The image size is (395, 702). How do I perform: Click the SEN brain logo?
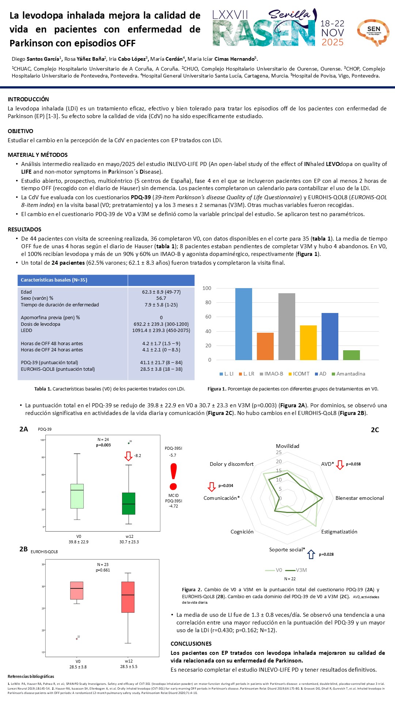[x=373, y=32]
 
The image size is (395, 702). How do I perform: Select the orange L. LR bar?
[x=265, y=346]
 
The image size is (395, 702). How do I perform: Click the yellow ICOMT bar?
[x=308, y=343]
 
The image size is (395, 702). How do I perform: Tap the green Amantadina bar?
[x=351, y=355]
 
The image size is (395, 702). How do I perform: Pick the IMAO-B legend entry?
[x=271, y=374]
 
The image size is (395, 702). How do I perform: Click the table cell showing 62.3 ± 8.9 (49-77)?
[x=161, y=292]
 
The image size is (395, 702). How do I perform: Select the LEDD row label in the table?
[x=27, y=330]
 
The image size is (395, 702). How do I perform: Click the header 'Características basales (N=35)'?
[x=54, y=280]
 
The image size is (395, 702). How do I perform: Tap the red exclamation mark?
[x=174, y=476]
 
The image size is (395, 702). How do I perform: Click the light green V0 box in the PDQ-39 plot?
[x=77, y=496]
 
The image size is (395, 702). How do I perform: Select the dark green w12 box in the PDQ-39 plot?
[x=129, y=503]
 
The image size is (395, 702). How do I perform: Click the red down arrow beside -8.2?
[x=128, y=456]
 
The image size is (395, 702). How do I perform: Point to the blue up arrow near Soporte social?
[x=311, y=554]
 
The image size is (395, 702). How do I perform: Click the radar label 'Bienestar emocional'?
[x=360, y=498]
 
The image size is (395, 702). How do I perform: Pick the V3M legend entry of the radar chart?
[x=296, y=570]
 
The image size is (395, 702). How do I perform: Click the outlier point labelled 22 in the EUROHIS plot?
[x=77, y=639]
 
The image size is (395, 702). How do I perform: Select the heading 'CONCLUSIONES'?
[x=191, y=643]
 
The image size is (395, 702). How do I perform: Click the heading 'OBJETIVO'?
[x=20, y=131]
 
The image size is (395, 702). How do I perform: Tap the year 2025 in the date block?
[x=333, y=42]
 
